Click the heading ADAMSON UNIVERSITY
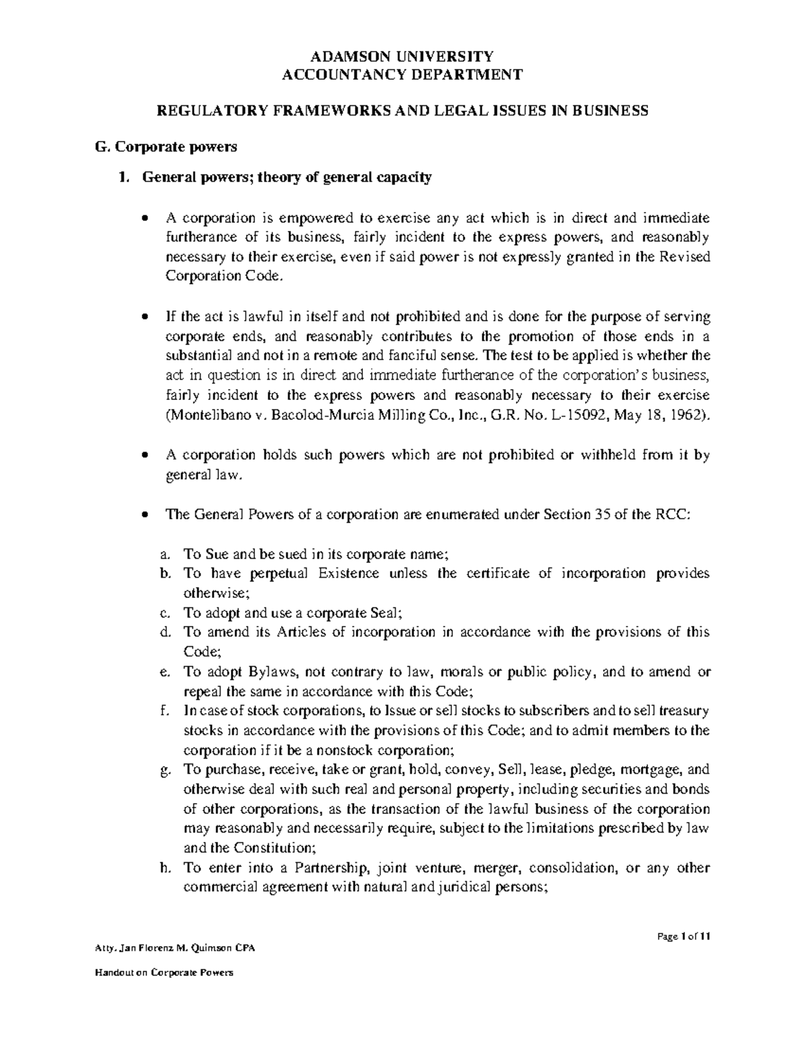click(x=402, y=56)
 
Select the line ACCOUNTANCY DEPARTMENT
click(x=402, y=74)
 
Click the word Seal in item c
click(x=384, y=613)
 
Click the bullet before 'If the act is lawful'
click(x=146, y=317)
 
